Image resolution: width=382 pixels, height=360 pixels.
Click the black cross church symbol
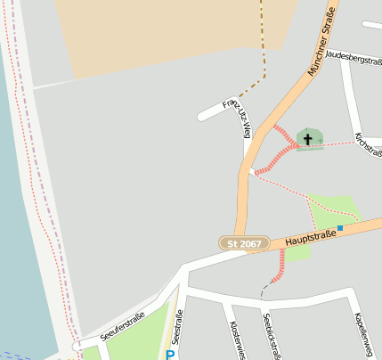pyautogui.click(x=308, y=139)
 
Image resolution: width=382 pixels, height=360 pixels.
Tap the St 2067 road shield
pyautogui.click(x=244, y=243)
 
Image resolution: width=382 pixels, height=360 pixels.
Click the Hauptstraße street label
pyautogui.click(x=312, y=236)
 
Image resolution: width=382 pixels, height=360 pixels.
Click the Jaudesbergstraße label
pyautogui.click(x=354, y=56)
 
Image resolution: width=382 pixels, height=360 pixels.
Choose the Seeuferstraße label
pyautogui.click(x=123, y=329)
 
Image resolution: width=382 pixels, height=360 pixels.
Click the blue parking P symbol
pyautogui.click(x=170, y=354)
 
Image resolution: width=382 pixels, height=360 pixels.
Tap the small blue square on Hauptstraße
pyautogui.click(x=340, y=228)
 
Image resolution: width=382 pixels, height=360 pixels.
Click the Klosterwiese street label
pyautogui.click(x=235, y=340)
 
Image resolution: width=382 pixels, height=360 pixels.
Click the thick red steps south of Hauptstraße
pyautogui.click(x=279, y=266)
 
